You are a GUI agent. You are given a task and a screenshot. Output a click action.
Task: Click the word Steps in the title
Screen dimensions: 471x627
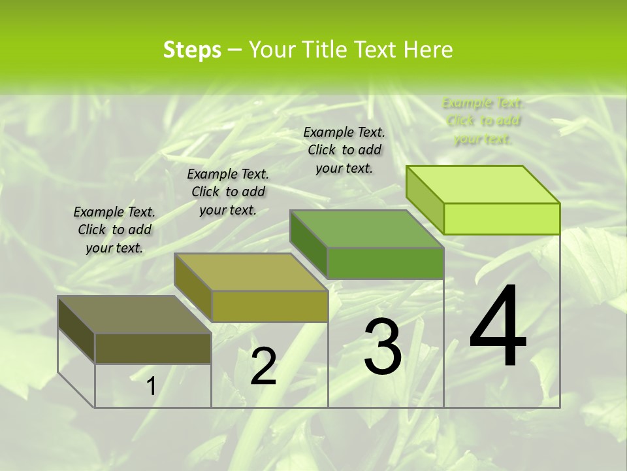click(192, 50)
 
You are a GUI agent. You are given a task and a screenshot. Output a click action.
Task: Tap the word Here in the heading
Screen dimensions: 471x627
click(428, 50)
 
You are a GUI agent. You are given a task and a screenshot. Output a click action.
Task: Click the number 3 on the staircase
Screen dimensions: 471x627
click(383, 347)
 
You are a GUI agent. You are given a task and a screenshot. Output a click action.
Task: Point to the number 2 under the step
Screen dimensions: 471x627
click(263, 366)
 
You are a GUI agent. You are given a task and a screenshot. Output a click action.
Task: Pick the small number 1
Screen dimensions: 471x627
click(151, 387)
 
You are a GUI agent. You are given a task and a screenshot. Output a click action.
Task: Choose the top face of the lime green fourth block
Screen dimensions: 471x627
click(483, 184)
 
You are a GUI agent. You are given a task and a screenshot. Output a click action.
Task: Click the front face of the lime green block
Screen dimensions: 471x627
click(502, 218)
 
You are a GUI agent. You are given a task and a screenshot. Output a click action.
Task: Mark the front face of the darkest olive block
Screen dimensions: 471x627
click(153, 349)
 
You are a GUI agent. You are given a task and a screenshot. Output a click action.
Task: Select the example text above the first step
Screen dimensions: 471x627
click(114, 230)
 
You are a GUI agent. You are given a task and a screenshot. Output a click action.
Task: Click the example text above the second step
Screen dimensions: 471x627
click(228, 192)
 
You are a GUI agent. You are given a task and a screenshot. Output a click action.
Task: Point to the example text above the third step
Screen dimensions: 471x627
click(344, 150)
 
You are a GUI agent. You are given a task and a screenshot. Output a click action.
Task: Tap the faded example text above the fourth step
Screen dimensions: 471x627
click(483, 120)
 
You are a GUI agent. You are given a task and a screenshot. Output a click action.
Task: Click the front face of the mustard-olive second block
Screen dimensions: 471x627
click(270, 306)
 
